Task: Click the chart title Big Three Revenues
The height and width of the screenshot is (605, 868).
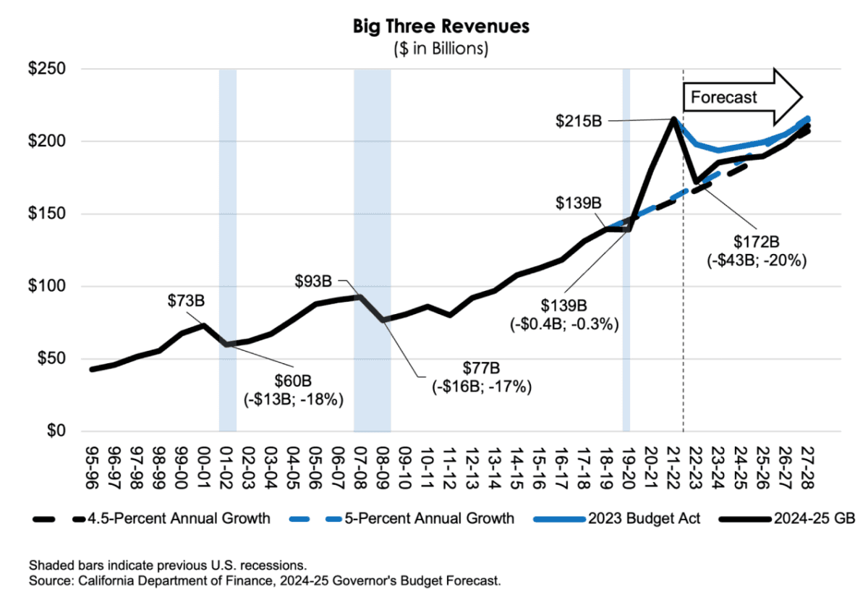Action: click(441, 27)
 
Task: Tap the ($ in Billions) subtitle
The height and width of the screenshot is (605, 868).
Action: click(441, 48)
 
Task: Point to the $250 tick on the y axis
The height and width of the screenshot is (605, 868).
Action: click(46, 69)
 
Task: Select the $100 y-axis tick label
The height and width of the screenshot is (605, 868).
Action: click(46, 287)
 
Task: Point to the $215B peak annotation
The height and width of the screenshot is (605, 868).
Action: click(578, 120)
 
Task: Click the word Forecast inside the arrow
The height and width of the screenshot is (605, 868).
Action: click(724, 97)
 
